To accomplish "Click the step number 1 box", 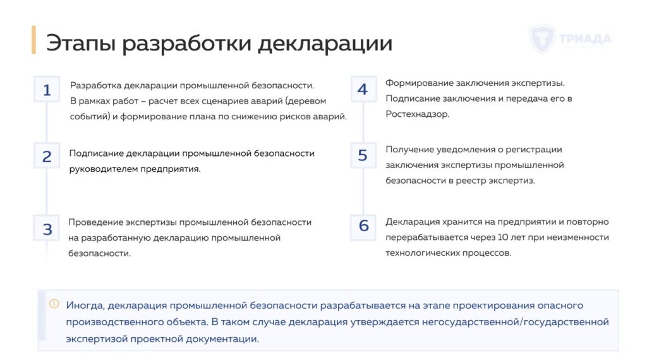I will [x=47, y=90].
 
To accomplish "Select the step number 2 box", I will [x=47, y=155].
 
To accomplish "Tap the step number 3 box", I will [x=47, y=229].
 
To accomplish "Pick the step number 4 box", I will [x=363, y=89].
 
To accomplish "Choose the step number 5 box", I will [x=363, y=155].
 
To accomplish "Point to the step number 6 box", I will [x=363, y=225].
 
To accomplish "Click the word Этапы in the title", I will [x=80, y=43].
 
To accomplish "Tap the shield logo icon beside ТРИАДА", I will [x=541, y=39].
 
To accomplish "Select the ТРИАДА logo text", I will [x=585, y=39].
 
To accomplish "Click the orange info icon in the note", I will [x=54, y=304].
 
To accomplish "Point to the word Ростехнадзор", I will [x=418, y=114].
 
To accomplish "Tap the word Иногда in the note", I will [x=84, y=305].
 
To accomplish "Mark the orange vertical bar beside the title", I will [x=34, y=40].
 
